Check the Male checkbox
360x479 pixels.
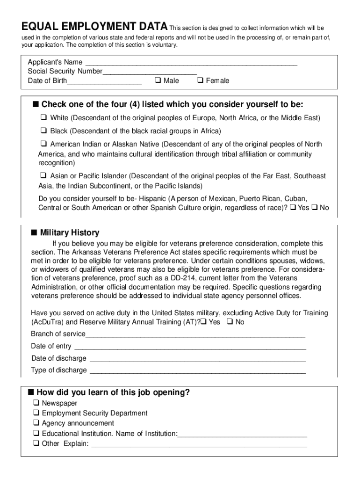tap(157, 80)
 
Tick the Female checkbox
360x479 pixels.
tap(200, 80)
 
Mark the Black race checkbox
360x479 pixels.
tap(43, 131)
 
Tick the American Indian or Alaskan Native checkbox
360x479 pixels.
tap(43, 144)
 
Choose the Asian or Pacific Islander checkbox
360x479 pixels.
tap(43, 176)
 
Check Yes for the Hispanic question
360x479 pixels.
tap(293, 207)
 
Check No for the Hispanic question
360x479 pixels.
tap(315, 207)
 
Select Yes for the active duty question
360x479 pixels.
tap(203, 322)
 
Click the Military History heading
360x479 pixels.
tap(70, 232)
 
